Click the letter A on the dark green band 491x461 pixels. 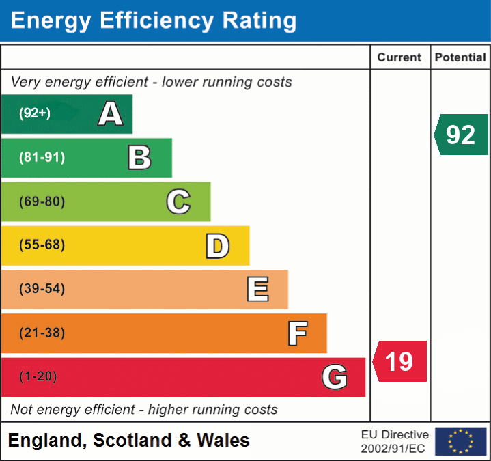click(x=111, y=113)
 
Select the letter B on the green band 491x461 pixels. click(x=139, y=158)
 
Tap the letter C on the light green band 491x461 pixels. click(x=178, y=201)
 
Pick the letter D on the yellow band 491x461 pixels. click(x=217, y=245)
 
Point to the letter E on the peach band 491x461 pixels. click(x=257, y=289)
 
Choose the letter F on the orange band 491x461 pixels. click(x=297, y=333)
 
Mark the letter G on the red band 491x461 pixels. click(x=335, y=377)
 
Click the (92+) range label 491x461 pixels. click(x=35, y=113)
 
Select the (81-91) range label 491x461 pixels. click(x=42, y=158)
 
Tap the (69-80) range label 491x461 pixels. click(x=42, y=201)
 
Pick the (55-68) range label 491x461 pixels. click(x=42, y=245)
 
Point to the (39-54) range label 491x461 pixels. click(x=42, y=289)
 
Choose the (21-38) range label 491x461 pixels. click(x=42, y=333)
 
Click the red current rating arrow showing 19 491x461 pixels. click(x=400, y=361)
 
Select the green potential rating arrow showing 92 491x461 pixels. click(x=461, y=135)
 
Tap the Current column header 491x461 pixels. click(x=400, y=58)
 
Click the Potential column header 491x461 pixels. click(x=460, y=58)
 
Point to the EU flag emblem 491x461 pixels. click(x=460, y=441)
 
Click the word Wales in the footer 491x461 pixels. click(x=223, y=441)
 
